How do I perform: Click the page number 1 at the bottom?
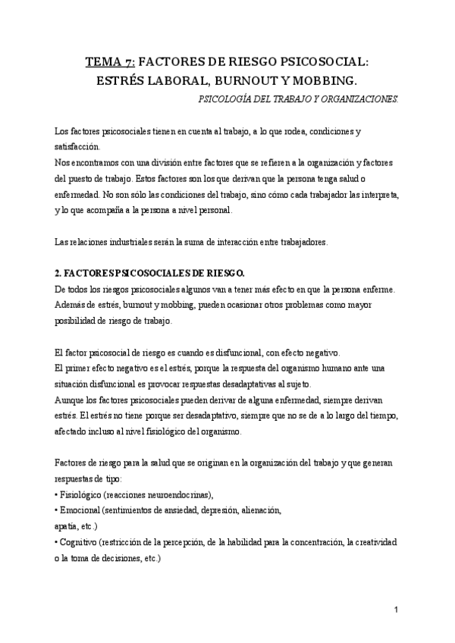397,610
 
